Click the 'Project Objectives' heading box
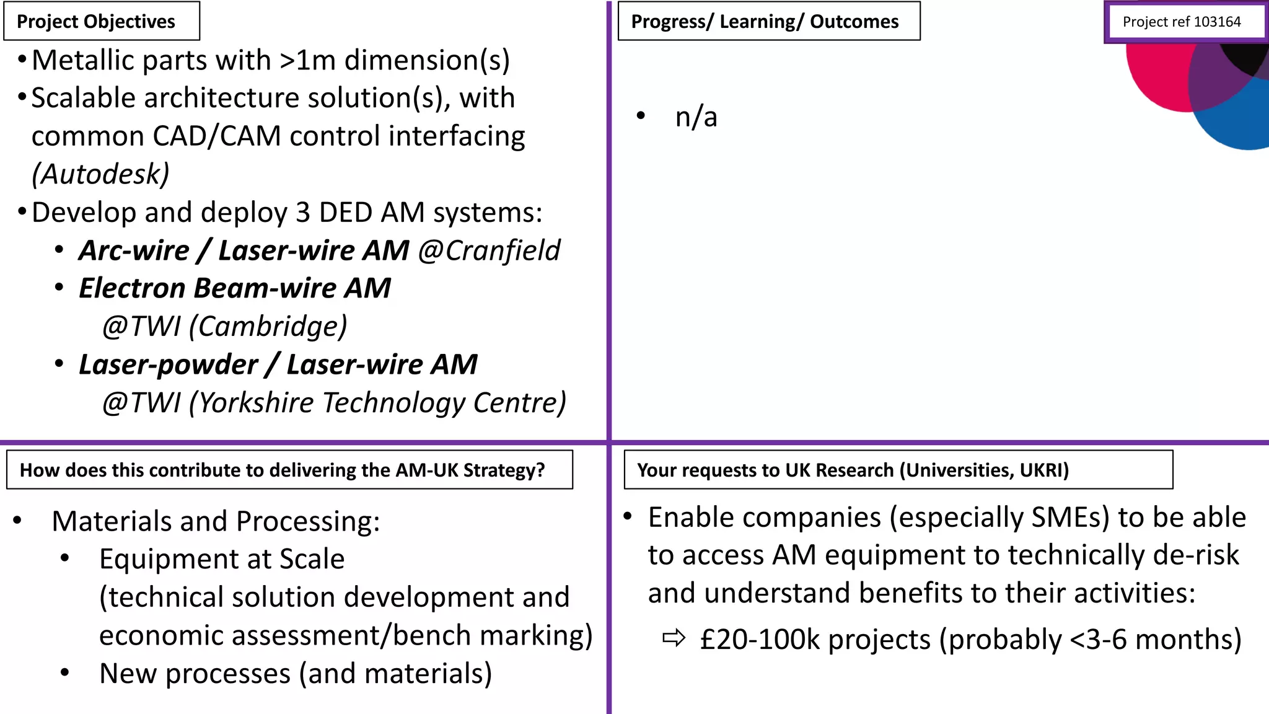point(102,22)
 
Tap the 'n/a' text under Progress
point(696,117)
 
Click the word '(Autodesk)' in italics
point(100,174)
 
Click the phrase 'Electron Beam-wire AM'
point(235,288)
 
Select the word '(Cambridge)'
point(268,327)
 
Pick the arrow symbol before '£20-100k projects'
point(674,638)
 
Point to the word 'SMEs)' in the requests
point(1070,518)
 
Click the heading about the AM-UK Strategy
point(283,470)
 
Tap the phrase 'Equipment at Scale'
point(222,559)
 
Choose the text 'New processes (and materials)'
point(296,674)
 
